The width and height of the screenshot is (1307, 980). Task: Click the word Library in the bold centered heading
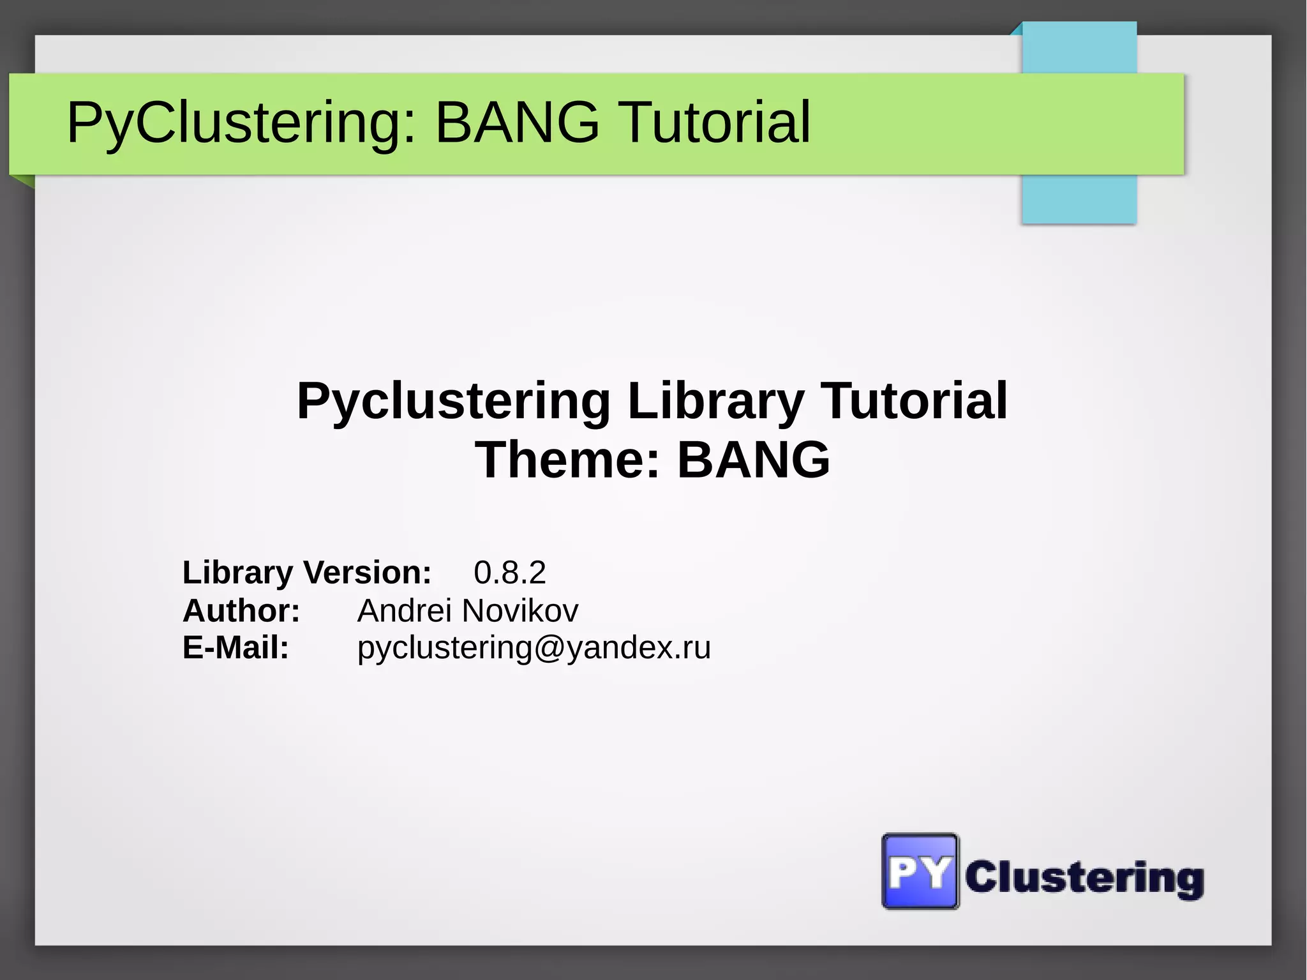click(x=715, y=401)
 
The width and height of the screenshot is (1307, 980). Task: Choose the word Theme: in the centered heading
click(x=567, y=460)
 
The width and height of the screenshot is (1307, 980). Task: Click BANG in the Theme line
click(x=753, y=460)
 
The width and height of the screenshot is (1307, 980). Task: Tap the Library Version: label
click(x=307, y=572)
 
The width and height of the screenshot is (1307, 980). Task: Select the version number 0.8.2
click(x=509, y=572)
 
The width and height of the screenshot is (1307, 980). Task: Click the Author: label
click(x=241, y=610)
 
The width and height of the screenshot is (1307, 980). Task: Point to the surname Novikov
click(x=520, y=610)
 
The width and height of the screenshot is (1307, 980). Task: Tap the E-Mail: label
click(x=235, y=647)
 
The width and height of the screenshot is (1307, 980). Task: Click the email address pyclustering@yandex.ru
click(x=534, y=647)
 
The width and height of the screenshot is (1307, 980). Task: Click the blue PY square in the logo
click(x=920, y=871)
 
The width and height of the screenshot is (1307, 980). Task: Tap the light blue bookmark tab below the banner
click(x=1079, y=199)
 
